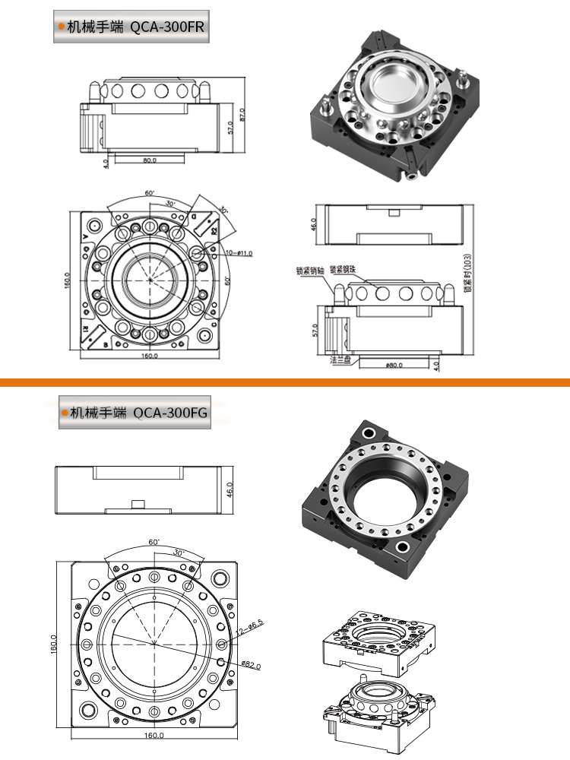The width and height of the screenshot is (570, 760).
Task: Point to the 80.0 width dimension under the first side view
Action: (x=149, y=160)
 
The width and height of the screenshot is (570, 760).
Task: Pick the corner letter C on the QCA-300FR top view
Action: (x=214, y=324)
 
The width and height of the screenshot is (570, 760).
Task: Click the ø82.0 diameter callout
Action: (x=251, y=665)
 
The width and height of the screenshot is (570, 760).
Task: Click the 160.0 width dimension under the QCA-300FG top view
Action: (x=154, y=735)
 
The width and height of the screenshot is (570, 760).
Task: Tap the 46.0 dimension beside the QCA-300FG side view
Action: (x=231, y=489)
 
